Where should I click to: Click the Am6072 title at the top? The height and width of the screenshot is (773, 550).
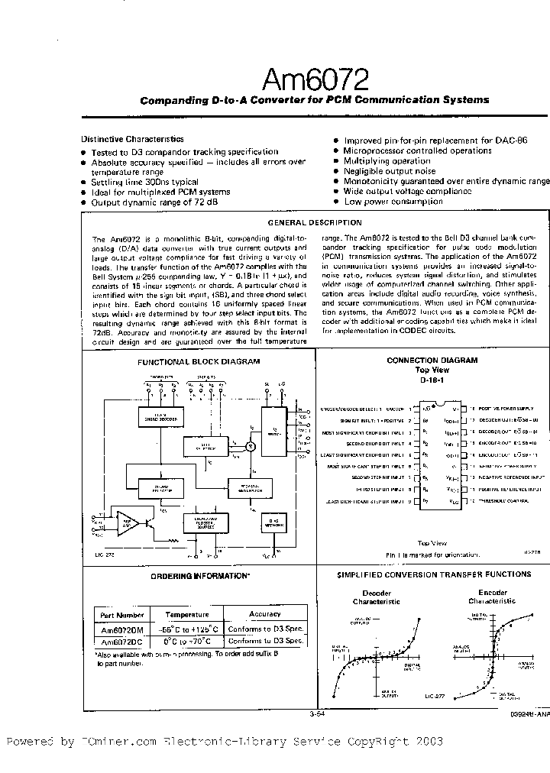(x=315, y=79)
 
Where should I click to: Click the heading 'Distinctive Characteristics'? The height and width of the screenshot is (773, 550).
(x=132, y=139)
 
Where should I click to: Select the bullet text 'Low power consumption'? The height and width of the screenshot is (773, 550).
(x=393, y=202)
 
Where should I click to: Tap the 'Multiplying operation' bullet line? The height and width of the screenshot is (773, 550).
(x=387, y=161)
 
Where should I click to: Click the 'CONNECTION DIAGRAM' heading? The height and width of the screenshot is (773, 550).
(x=432, y=360)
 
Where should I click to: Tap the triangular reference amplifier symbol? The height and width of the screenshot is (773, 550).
(x=129, y=522)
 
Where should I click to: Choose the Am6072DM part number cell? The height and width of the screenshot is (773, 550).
(x=122, y=629)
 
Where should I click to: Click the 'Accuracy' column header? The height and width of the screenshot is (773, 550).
(x=265, y=614)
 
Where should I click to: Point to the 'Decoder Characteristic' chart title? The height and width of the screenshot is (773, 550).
(x=376, y=597)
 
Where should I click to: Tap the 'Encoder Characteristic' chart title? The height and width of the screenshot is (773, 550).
(x=492, y=597)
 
